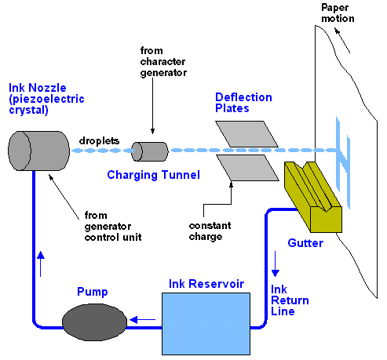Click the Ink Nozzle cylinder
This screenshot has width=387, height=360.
(38, 151)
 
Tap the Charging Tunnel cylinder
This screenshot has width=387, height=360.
(150, 151)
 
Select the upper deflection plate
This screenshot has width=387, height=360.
(246, 134)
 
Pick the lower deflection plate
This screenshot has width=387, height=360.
(248, 168)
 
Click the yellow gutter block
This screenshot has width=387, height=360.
(313, 197)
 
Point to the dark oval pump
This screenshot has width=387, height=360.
(94, 322)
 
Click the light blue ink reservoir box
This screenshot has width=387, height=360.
(206, 324)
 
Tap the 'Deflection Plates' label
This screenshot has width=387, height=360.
(243, 103)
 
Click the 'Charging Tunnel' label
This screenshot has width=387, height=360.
(153, 175)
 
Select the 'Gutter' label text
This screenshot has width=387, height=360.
(305, 243)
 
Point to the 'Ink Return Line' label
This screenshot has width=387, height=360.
(290, 300)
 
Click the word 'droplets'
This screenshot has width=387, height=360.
(99, 141)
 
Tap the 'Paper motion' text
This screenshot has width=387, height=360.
(338, 13)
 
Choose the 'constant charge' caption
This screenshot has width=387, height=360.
(210, 231)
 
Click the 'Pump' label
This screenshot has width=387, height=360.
(93, 292)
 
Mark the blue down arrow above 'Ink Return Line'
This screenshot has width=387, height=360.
(275, 264)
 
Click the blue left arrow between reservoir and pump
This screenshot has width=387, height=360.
(143, 319)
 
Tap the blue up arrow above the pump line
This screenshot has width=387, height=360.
(41, 264)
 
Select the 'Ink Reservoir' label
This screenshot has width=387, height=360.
(206, 284)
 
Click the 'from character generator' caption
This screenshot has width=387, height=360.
(163, 62)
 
